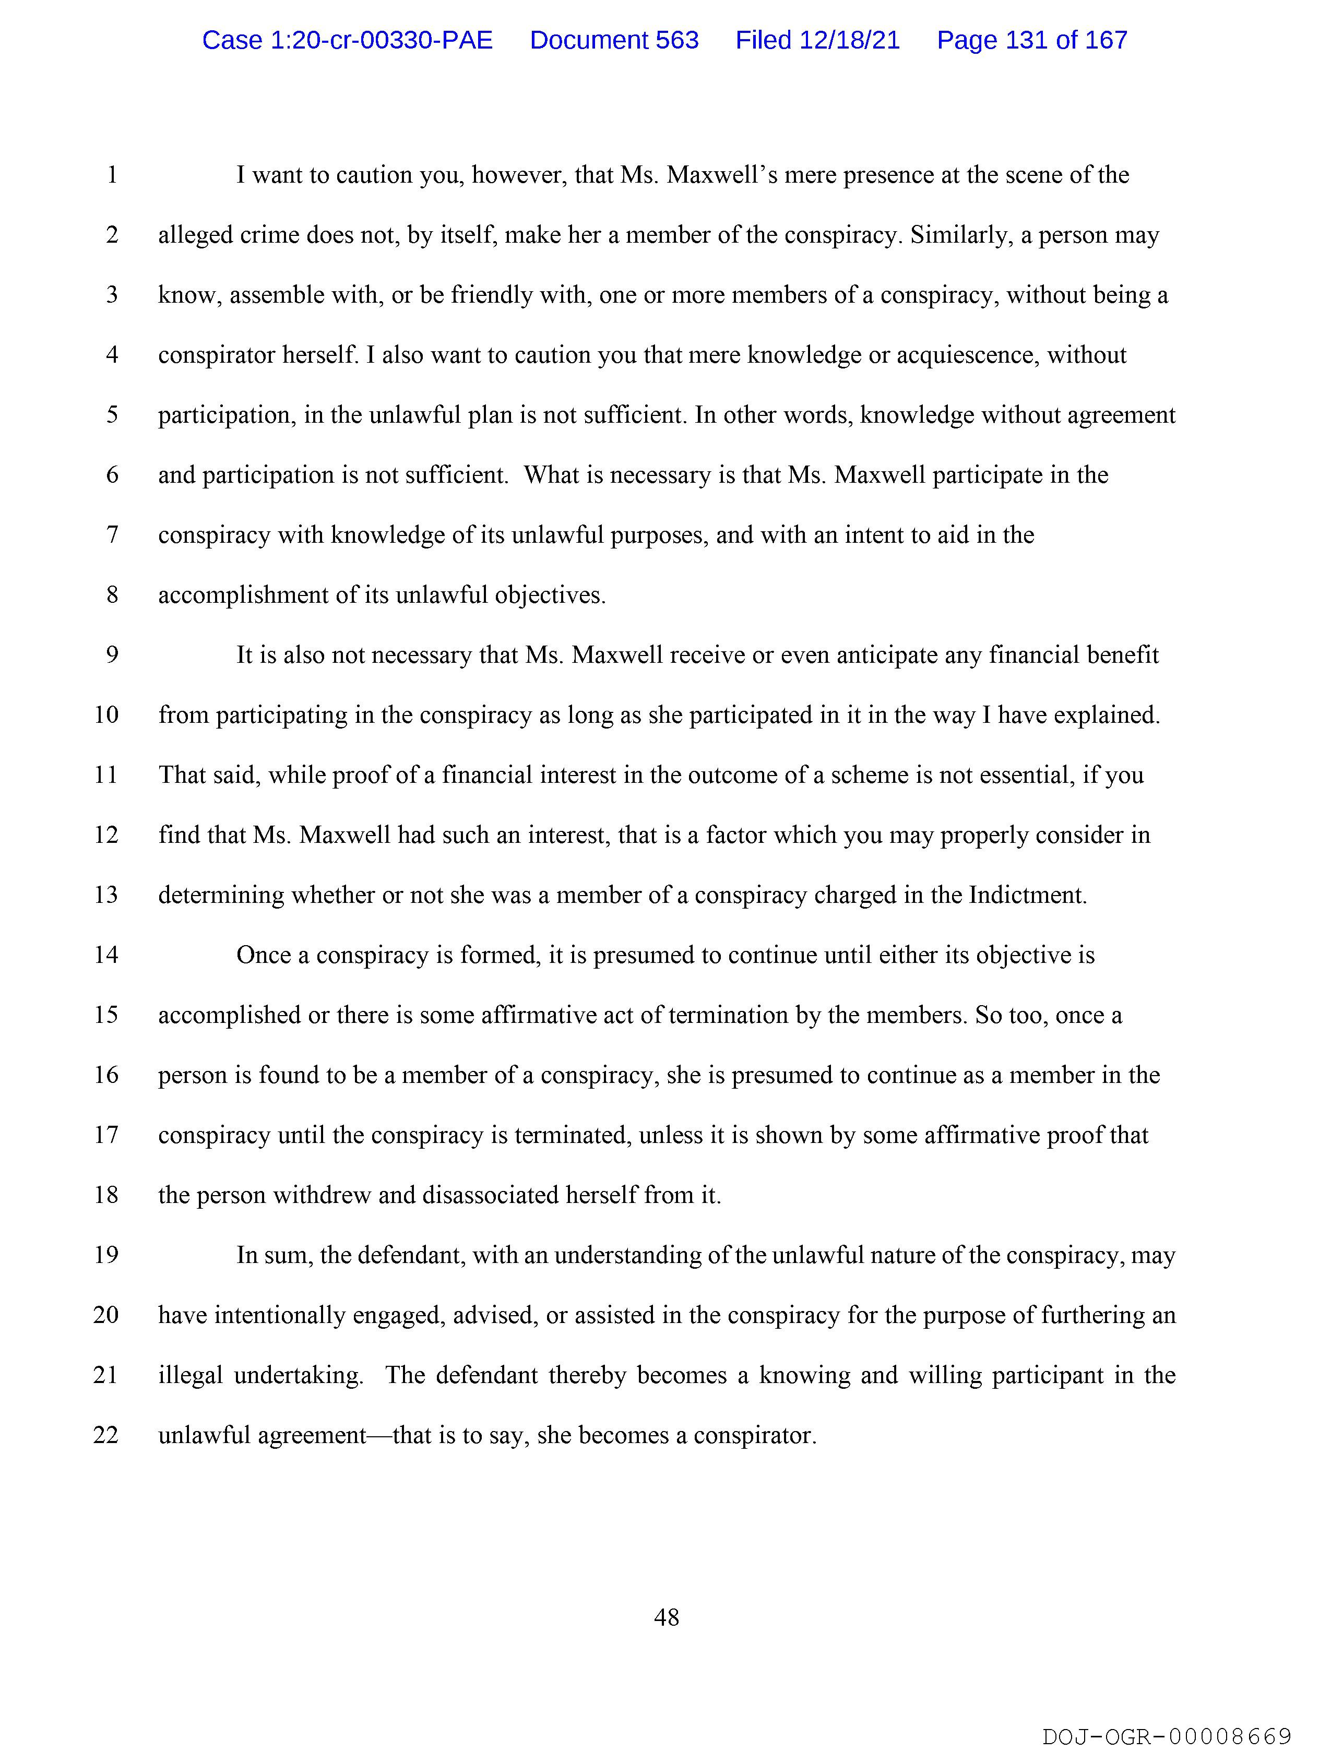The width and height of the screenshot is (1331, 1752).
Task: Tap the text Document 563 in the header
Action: click(x=614, y=40)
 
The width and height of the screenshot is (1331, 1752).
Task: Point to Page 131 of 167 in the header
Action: click(x=1031, y=40)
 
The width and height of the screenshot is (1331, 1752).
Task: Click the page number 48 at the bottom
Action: click(x=667, y=1617)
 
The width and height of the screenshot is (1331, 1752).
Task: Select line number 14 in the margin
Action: click(x=106, y=955)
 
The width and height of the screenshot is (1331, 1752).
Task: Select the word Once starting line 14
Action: click(x=264, y=955)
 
